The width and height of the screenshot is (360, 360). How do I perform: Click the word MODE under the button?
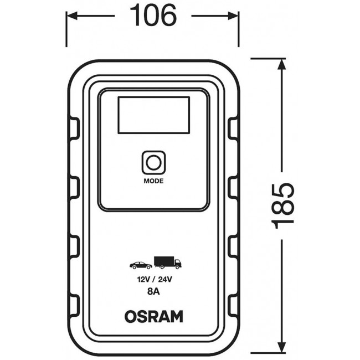pos(153,180)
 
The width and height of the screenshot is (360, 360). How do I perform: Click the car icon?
pos(140,265)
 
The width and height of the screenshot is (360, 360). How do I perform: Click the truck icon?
pos(168,263)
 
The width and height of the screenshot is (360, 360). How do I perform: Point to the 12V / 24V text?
pos(153,280)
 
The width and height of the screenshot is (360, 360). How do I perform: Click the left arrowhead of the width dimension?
pos(71,16)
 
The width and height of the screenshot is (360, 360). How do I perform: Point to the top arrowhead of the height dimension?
pos(282,64)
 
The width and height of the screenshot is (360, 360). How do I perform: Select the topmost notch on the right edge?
pos(233,128)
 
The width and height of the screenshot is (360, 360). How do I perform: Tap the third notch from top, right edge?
pos(233,245)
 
